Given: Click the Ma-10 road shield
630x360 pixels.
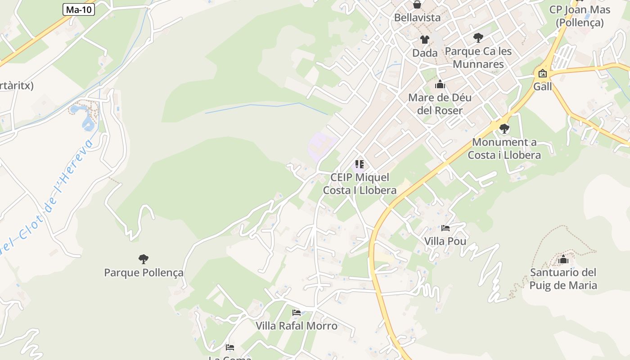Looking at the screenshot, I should coord(79,9).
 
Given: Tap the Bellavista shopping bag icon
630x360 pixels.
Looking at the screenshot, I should coord(417,5).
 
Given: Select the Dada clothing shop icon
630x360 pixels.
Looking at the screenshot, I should coord(424,40).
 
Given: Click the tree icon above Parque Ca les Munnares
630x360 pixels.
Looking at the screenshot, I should coord(478,38).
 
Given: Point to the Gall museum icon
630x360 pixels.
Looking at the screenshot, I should coord(542,74).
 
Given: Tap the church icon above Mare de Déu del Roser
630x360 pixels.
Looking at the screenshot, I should coord(440,84).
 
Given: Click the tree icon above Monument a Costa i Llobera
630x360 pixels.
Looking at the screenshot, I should coord(504,129).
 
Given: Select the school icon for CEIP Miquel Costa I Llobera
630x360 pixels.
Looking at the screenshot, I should coord(359,164).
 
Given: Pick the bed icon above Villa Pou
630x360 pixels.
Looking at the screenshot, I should coord(445,228).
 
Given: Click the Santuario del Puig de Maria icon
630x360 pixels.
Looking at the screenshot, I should coord(563,259).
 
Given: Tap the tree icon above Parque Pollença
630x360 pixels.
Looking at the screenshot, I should coord(144,259).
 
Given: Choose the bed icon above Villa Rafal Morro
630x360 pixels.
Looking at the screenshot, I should coord(297,312).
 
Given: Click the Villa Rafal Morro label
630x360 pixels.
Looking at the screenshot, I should coord(297,326).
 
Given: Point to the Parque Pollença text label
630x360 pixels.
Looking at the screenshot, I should coord(144,273).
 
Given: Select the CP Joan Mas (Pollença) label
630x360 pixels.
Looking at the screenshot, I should coord(580,16).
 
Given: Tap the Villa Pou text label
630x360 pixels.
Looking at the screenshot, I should coord(445,242).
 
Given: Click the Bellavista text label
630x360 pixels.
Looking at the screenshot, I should coord(417,18).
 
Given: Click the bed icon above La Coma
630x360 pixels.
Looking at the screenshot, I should coord(230,347).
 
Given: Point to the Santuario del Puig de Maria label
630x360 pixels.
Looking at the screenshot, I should coord(563,279).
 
